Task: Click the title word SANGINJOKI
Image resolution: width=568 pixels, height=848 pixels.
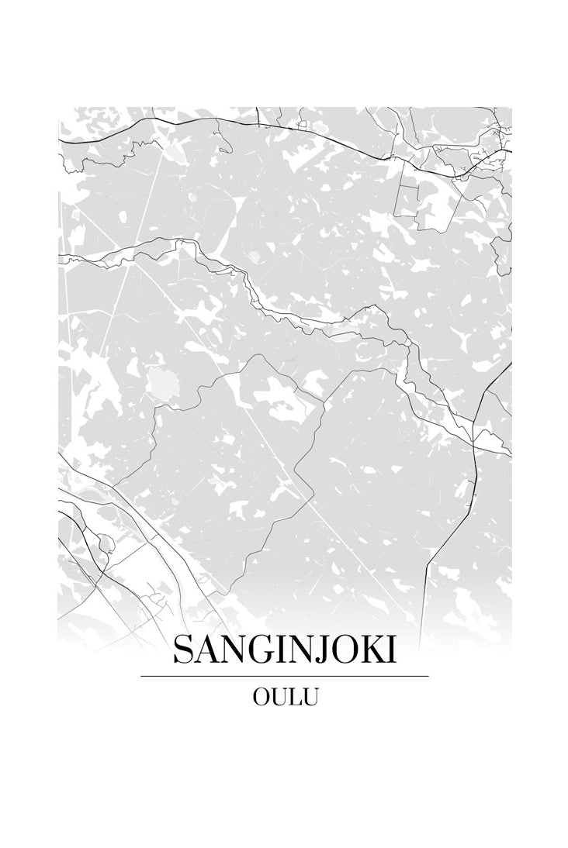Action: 284,650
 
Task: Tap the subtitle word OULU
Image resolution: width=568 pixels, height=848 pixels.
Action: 285,697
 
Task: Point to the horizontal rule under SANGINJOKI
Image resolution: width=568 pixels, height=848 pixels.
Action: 284,677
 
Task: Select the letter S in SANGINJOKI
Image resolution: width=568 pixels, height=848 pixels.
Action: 182,650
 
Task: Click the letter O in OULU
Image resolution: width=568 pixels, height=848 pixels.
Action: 261,697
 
